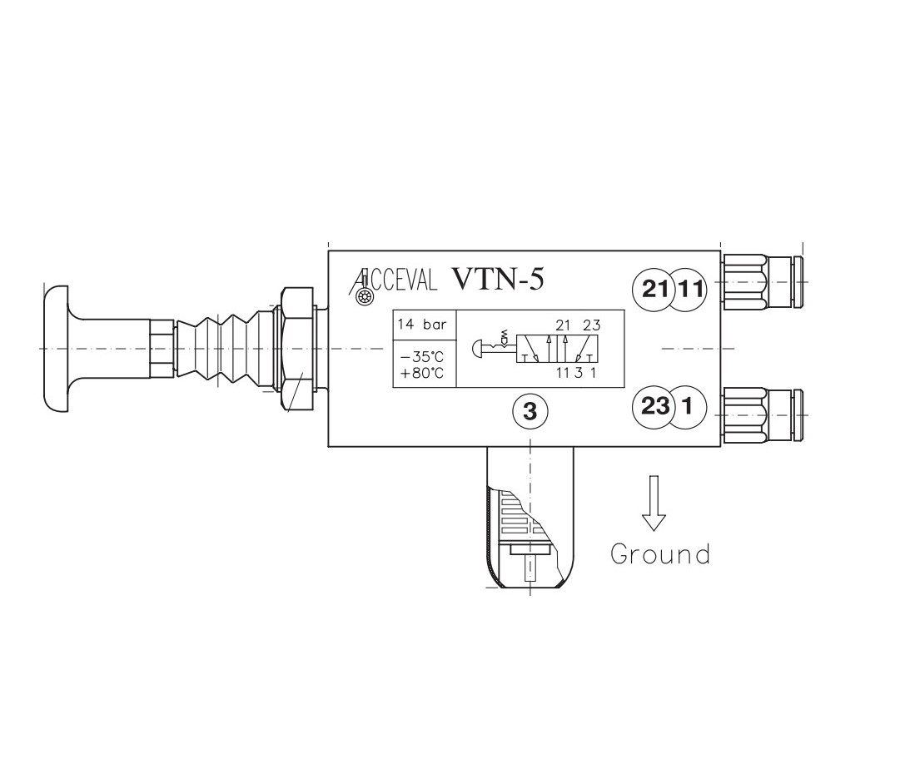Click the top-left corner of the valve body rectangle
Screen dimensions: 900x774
(328, 251)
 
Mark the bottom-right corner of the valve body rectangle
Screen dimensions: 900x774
(721, 446)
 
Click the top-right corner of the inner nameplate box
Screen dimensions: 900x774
(624, 310)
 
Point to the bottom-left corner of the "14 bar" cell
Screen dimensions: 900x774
(393, 340)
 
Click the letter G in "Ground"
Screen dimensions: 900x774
(620, 554)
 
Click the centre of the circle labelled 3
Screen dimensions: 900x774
(530, 411)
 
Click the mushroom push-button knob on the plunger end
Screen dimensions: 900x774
(56, 348)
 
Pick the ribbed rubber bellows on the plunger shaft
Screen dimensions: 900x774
(217, 348)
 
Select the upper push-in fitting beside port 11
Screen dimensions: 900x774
(761, 283)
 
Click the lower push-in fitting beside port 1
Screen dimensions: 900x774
(761, 415)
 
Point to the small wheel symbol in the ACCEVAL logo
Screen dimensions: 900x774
(363, 296)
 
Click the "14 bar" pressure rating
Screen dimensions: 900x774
(422, 325)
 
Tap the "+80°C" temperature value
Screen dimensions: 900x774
(422, 373)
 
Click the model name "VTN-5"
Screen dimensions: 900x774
(497, 280)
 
